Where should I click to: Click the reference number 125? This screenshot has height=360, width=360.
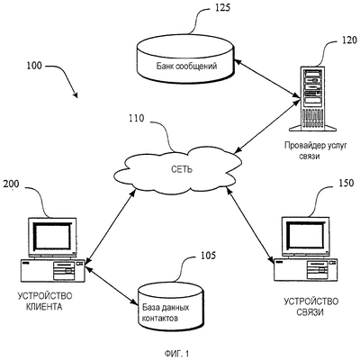coord(223,7)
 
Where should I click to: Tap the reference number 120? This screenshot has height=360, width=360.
coord(349,40)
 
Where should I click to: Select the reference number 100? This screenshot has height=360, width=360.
coord(34,66)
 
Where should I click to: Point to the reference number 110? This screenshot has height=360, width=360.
coord(137,119)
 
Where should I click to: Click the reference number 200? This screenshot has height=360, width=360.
coord(11,184)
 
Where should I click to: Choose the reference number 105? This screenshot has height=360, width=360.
coord(208,256)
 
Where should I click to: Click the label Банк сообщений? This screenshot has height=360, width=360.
coord(186,66)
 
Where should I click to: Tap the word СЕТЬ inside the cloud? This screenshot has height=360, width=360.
coord(182,169)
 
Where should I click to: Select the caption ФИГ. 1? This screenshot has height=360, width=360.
coord(177,354)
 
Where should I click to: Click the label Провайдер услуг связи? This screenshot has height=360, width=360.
coord(315,151)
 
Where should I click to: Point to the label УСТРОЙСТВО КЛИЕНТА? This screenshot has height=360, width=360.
coord(45,301)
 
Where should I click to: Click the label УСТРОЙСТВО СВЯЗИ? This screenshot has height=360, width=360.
coord(311,307)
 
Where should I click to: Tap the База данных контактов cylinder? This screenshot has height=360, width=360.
coord(171,306)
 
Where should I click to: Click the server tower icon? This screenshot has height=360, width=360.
coord(312,99)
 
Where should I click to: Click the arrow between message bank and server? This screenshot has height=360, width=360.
coord(266,79)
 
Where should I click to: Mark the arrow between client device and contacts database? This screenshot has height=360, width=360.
coord(111,284)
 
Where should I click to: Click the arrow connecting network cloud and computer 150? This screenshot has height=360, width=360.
coord(250,225)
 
